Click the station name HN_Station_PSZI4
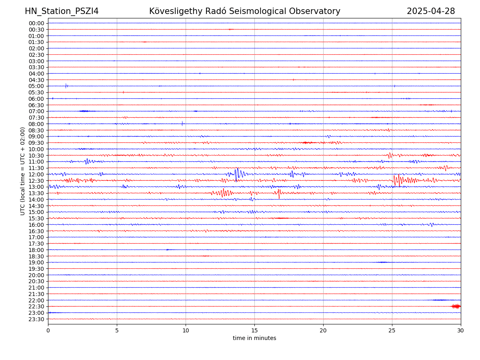62,11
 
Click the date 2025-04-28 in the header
431,11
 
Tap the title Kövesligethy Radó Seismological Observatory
244,11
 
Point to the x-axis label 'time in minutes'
254,338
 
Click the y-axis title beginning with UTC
23,171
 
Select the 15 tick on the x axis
254,331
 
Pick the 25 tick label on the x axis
392,331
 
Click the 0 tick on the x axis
48,331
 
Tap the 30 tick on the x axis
461,331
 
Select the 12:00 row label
36,174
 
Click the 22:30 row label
36,307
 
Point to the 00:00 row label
36,23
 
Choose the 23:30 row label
36,319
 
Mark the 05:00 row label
36,86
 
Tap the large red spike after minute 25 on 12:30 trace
396,180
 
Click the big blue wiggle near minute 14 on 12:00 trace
237,174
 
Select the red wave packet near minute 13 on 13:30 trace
224,193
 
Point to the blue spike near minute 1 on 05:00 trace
66,86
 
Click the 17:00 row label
36,237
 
